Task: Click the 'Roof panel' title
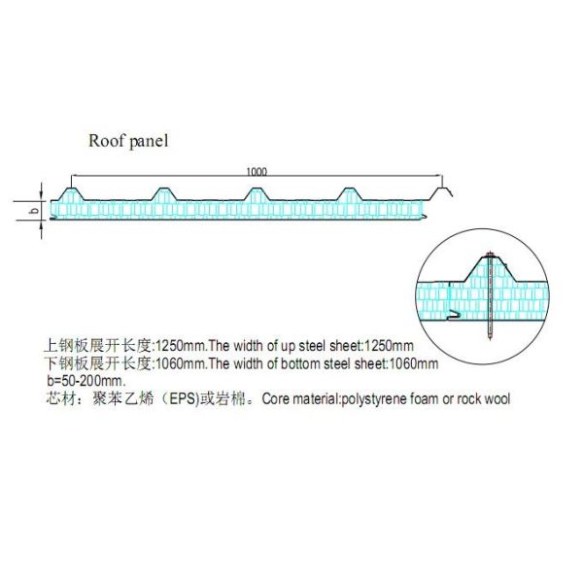[128, 141]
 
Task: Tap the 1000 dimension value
[257, 171]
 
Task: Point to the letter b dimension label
[34, 211]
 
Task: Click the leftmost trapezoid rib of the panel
[71, 194]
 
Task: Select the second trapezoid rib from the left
[162, 194]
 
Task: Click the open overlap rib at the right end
[441, 194]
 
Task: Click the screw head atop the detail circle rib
[490, 255]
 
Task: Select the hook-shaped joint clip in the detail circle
[455, 316]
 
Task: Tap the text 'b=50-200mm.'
[86, 381]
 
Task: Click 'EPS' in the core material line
[183, 399]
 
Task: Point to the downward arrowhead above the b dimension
[41, 196]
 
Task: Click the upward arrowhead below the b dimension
[41, 224]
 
